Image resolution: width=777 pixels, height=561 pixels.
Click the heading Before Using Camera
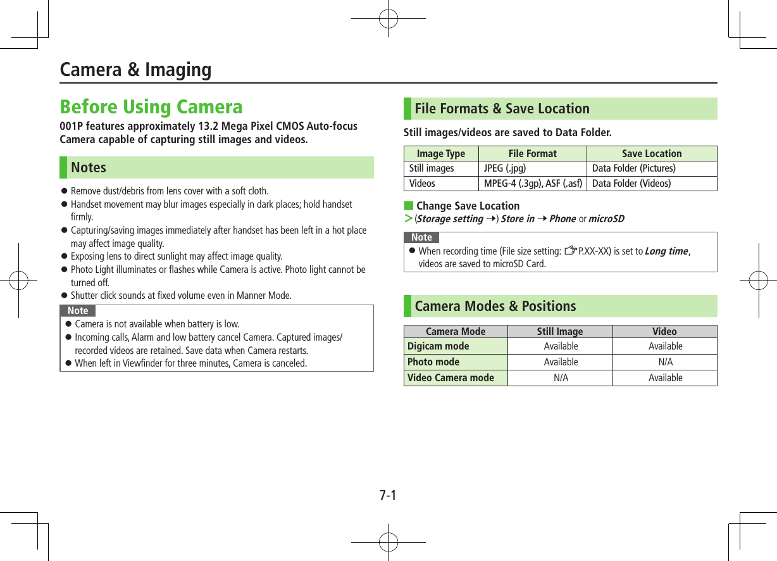[x=151, y=106]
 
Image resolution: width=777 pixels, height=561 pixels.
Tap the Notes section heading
[x=89, y=168]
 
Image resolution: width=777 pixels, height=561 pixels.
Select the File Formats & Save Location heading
[x=502, y=109]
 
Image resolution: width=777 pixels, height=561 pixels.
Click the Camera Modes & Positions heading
[x=495, y=306]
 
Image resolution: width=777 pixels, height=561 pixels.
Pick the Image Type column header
[x=441, y=154]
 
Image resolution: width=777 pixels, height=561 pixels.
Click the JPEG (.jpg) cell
[x=504, y=168]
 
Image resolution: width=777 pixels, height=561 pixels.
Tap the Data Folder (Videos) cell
[x=631, y=184]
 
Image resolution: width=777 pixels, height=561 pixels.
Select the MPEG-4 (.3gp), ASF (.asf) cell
[x=533, y=184]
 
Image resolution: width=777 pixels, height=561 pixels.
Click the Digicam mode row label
[x=438, y=346]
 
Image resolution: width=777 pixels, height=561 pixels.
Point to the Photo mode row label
[x=433, y=362]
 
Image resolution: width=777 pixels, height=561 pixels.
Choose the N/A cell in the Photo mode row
[x=665, y=362]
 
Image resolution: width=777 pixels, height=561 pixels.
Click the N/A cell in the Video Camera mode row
[x=561, y=378]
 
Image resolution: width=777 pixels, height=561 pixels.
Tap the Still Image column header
[x=560, y=332]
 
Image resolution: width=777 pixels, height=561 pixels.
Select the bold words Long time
[x=666, y=251]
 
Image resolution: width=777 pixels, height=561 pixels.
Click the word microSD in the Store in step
[x=606, y=219]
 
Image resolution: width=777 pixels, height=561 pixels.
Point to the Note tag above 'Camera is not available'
[x=78, y=311]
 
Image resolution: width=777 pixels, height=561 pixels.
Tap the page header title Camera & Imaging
[x=135, y=69]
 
